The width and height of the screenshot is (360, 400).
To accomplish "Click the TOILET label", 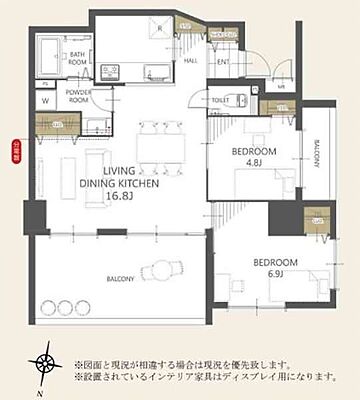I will pos(220,101).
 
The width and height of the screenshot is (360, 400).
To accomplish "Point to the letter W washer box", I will pos(46,100).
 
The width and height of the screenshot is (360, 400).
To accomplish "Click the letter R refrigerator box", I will pos(161,29).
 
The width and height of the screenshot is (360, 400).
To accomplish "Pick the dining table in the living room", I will pos(160,150).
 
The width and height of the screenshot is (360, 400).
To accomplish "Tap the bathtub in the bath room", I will pos(48,60).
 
